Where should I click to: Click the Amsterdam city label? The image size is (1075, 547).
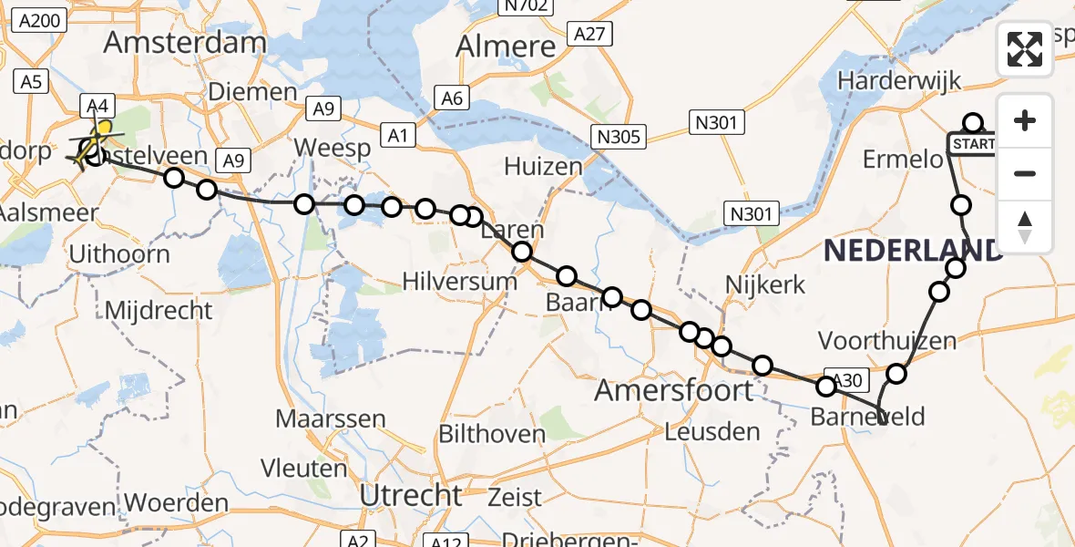(185, 42)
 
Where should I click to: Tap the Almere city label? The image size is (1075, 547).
(506, 46)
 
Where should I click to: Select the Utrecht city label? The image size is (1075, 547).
(411, 495)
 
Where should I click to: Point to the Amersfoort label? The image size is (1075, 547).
(674, 391)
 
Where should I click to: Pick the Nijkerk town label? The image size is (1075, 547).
(765, 284)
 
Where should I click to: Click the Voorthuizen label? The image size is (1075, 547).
(887, 341)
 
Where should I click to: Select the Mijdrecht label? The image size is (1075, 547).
(159, 310)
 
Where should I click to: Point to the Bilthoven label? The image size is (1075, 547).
(492, 434)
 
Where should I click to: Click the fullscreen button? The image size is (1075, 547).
(1025, 49)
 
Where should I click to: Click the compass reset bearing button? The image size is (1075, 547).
(1025, 227)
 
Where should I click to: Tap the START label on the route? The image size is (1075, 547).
(975, 144)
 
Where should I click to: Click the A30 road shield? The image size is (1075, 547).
(843, 379)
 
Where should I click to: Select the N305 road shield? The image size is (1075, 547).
(619, 137)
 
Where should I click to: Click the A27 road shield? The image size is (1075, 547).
(588, 34)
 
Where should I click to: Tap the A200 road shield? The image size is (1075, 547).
(38, 22)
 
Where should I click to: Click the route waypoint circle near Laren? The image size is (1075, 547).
(522, 253)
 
